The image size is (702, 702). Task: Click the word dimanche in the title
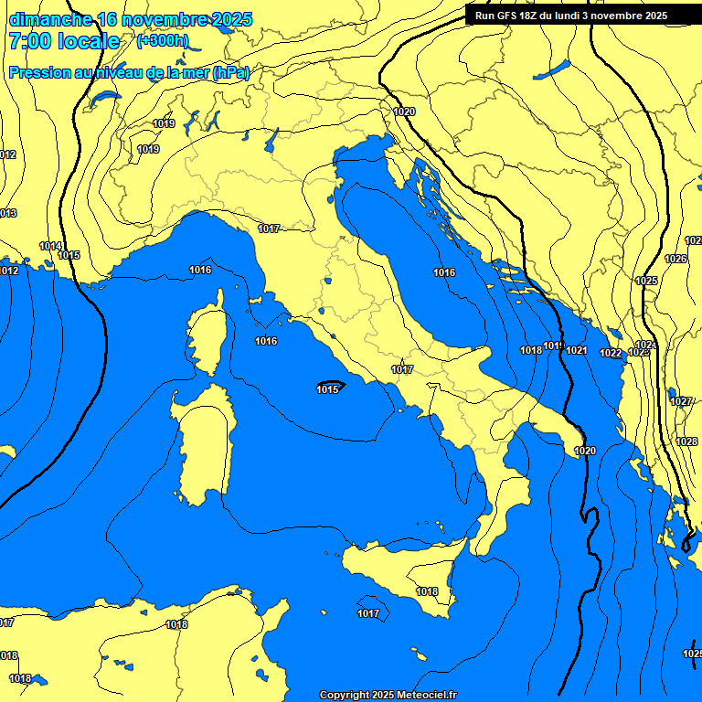(50, 19)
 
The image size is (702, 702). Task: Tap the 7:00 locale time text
(64, 41)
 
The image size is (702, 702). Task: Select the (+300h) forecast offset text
(163, 40)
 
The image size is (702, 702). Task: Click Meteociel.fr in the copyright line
(420, 696)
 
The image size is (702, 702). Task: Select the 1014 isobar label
(50, 246)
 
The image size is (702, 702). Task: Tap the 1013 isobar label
(7, 213)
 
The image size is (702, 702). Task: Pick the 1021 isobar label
(576, 350)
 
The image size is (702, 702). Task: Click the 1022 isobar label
(611, 354)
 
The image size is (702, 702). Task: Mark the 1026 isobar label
(675, 259)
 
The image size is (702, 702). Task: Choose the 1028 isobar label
(686, 441)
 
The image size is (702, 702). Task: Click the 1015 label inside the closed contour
(328, 389)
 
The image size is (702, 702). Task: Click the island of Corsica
(206, 334)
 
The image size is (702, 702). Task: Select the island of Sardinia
(203, 448)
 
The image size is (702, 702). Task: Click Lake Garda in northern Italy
(271, 141)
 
